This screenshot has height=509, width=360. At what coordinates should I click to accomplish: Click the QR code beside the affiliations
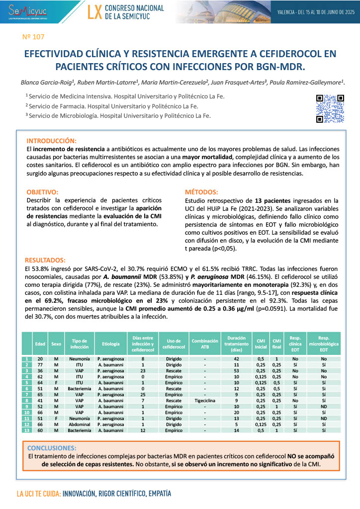click(330, 108)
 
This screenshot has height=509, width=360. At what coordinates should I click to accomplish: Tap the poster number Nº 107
click(34, 36)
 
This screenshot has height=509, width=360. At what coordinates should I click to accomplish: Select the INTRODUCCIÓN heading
click(52, 141)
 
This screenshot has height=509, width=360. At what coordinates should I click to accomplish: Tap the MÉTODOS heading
click(201, 192)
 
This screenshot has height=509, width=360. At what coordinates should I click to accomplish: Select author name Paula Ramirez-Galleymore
click(309, 82)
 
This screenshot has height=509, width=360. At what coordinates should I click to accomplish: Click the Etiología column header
click(111, 343)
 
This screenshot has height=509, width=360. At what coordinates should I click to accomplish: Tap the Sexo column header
click(56, 343)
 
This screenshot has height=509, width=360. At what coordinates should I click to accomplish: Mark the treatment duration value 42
click(236, 358)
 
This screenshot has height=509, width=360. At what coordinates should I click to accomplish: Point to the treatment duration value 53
click(236, 370)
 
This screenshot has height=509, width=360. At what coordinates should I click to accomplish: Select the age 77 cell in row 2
click(40, 364)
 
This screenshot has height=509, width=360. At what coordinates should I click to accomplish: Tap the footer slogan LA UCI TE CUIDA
click(39, 495)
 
